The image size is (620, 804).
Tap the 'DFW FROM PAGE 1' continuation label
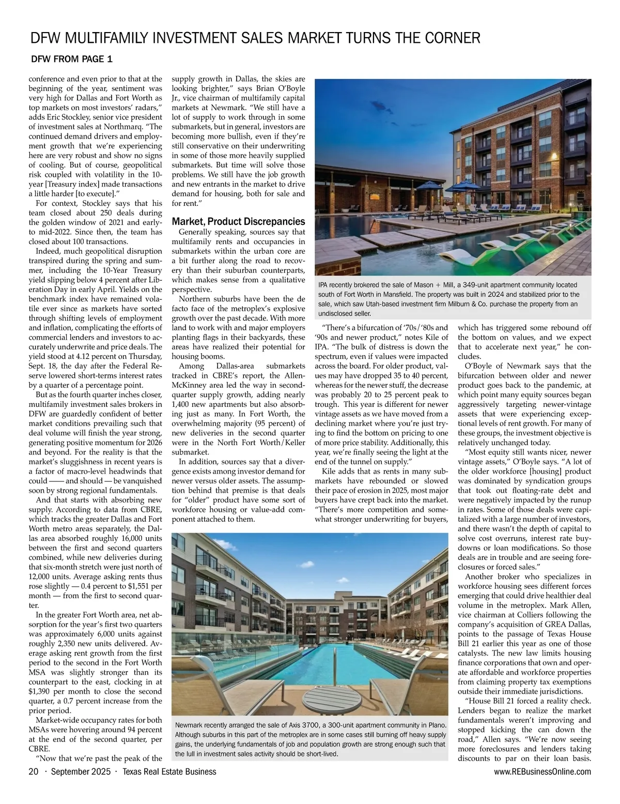pos(72,59)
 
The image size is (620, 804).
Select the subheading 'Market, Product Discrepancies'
pos(238,221)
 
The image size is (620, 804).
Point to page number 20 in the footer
pos(34,772)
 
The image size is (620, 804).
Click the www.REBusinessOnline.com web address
pos(542,772)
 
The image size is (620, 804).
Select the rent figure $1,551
pos(134,586)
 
